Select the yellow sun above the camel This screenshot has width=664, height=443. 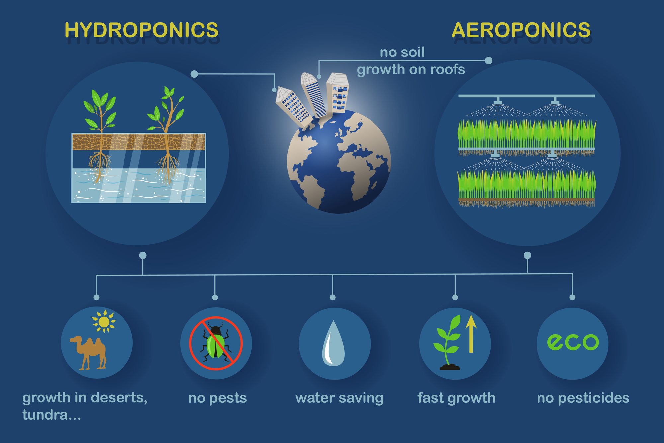click(104, 321)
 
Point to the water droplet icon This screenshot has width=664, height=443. click(333, 343)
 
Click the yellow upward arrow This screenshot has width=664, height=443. click(471, 334)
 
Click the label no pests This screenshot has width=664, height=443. click(217, 398)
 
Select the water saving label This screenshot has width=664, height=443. click(339, 398)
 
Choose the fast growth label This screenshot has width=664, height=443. click(456, 398)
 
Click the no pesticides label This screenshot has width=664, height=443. click(583, 398)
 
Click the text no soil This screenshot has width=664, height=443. click(402, 52)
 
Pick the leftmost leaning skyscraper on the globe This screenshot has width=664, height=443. click(293, 107)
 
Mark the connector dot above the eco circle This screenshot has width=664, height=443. click(572, 297)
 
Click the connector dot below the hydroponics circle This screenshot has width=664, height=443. click(143, 255)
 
